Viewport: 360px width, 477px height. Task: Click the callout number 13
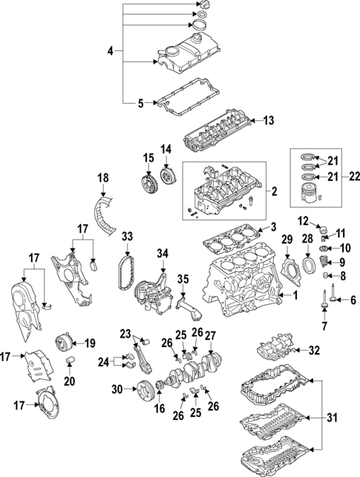(269, 119)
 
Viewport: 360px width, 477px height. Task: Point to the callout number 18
(102, 177)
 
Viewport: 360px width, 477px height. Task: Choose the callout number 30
(117, 387)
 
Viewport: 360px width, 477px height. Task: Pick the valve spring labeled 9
(323, 262)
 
